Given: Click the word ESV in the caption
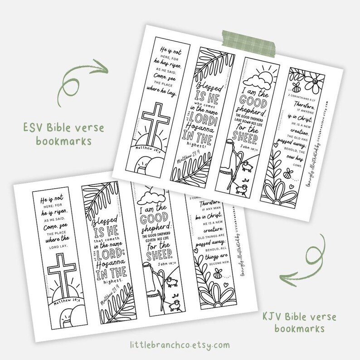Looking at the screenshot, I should coord(54,128).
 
